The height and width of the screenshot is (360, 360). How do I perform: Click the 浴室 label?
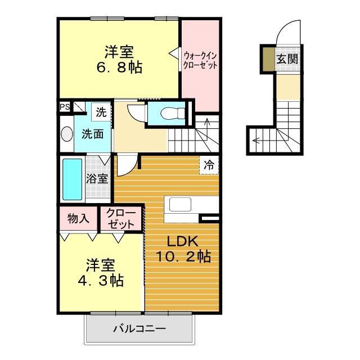(97, 179)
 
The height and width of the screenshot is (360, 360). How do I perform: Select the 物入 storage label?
(78, 218)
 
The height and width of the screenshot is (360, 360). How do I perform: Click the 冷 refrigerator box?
(209, 165)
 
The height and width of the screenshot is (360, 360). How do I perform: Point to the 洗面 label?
(92, 134)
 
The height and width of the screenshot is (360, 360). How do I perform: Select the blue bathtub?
(71, 179)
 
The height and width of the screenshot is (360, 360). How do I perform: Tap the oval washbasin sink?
(67, 134)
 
